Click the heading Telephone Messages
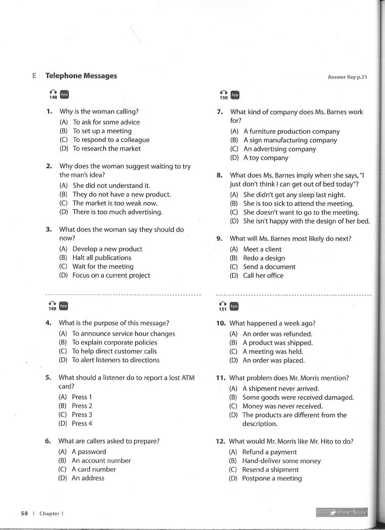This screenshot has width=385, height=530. tap(81, 76)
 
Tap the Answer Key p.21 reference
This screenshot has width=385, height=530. tap(347, 77)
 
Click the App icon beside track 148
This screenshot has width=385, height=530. tap(64, 94)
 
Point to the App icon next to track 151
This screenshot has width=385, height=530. tap(234, 307)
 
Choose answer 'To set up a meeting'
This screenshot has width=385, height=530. tap(102, 131)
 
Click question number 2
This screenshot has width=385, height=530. tap(49, 166)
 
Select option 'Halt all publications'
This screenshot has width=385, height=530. tap(102, 257)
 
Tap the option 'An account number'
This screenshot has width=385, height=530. tap(101, 461)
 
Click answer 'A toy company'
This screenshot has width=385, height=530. tap(266, 158)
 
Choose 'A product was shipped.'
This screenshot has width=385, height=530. tap(278, 343)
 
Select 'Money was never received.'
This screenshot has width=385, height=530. tap(282, 406)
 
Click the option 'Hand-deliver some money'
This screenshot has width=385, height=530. tap(281, 461)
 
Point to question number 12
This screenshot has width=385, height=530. tap(220, 441)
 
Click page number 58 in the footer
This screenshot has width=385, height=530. tap(24, 513)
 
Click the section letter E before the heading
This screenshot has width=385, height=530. tap(34, 76)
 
